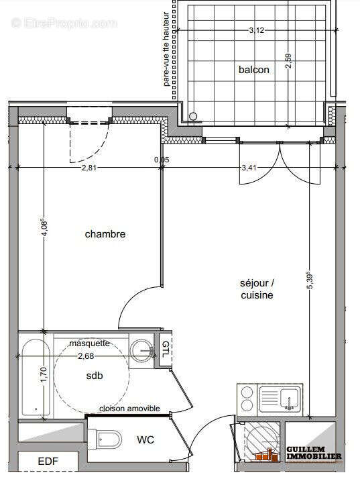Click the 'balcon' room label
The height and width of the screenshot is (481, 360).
(x=253, y=70)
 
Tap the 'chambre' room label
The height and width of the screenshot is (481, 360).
(x=105, y=234)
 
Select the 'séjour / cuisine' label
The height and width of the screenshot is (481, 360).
(x=256, y=289)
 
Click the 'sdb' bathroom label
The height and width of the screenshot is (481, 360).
(x=95, y=376)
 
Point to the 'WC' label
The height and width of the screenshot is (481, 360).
(x=145, y=440)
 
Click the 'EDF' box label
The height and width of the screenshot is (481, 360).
(x=48, y=462)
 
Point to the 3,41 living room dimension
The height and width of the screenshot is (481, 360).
(x=248, y=168)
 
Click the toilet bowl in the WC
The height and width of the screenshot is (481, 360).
(x=109, y=441)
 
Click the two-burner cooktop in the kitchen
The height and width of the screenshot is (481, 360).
(x=247, y=398)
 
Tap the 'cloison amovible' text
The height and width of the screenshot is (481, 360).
(x=129, y=409)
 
